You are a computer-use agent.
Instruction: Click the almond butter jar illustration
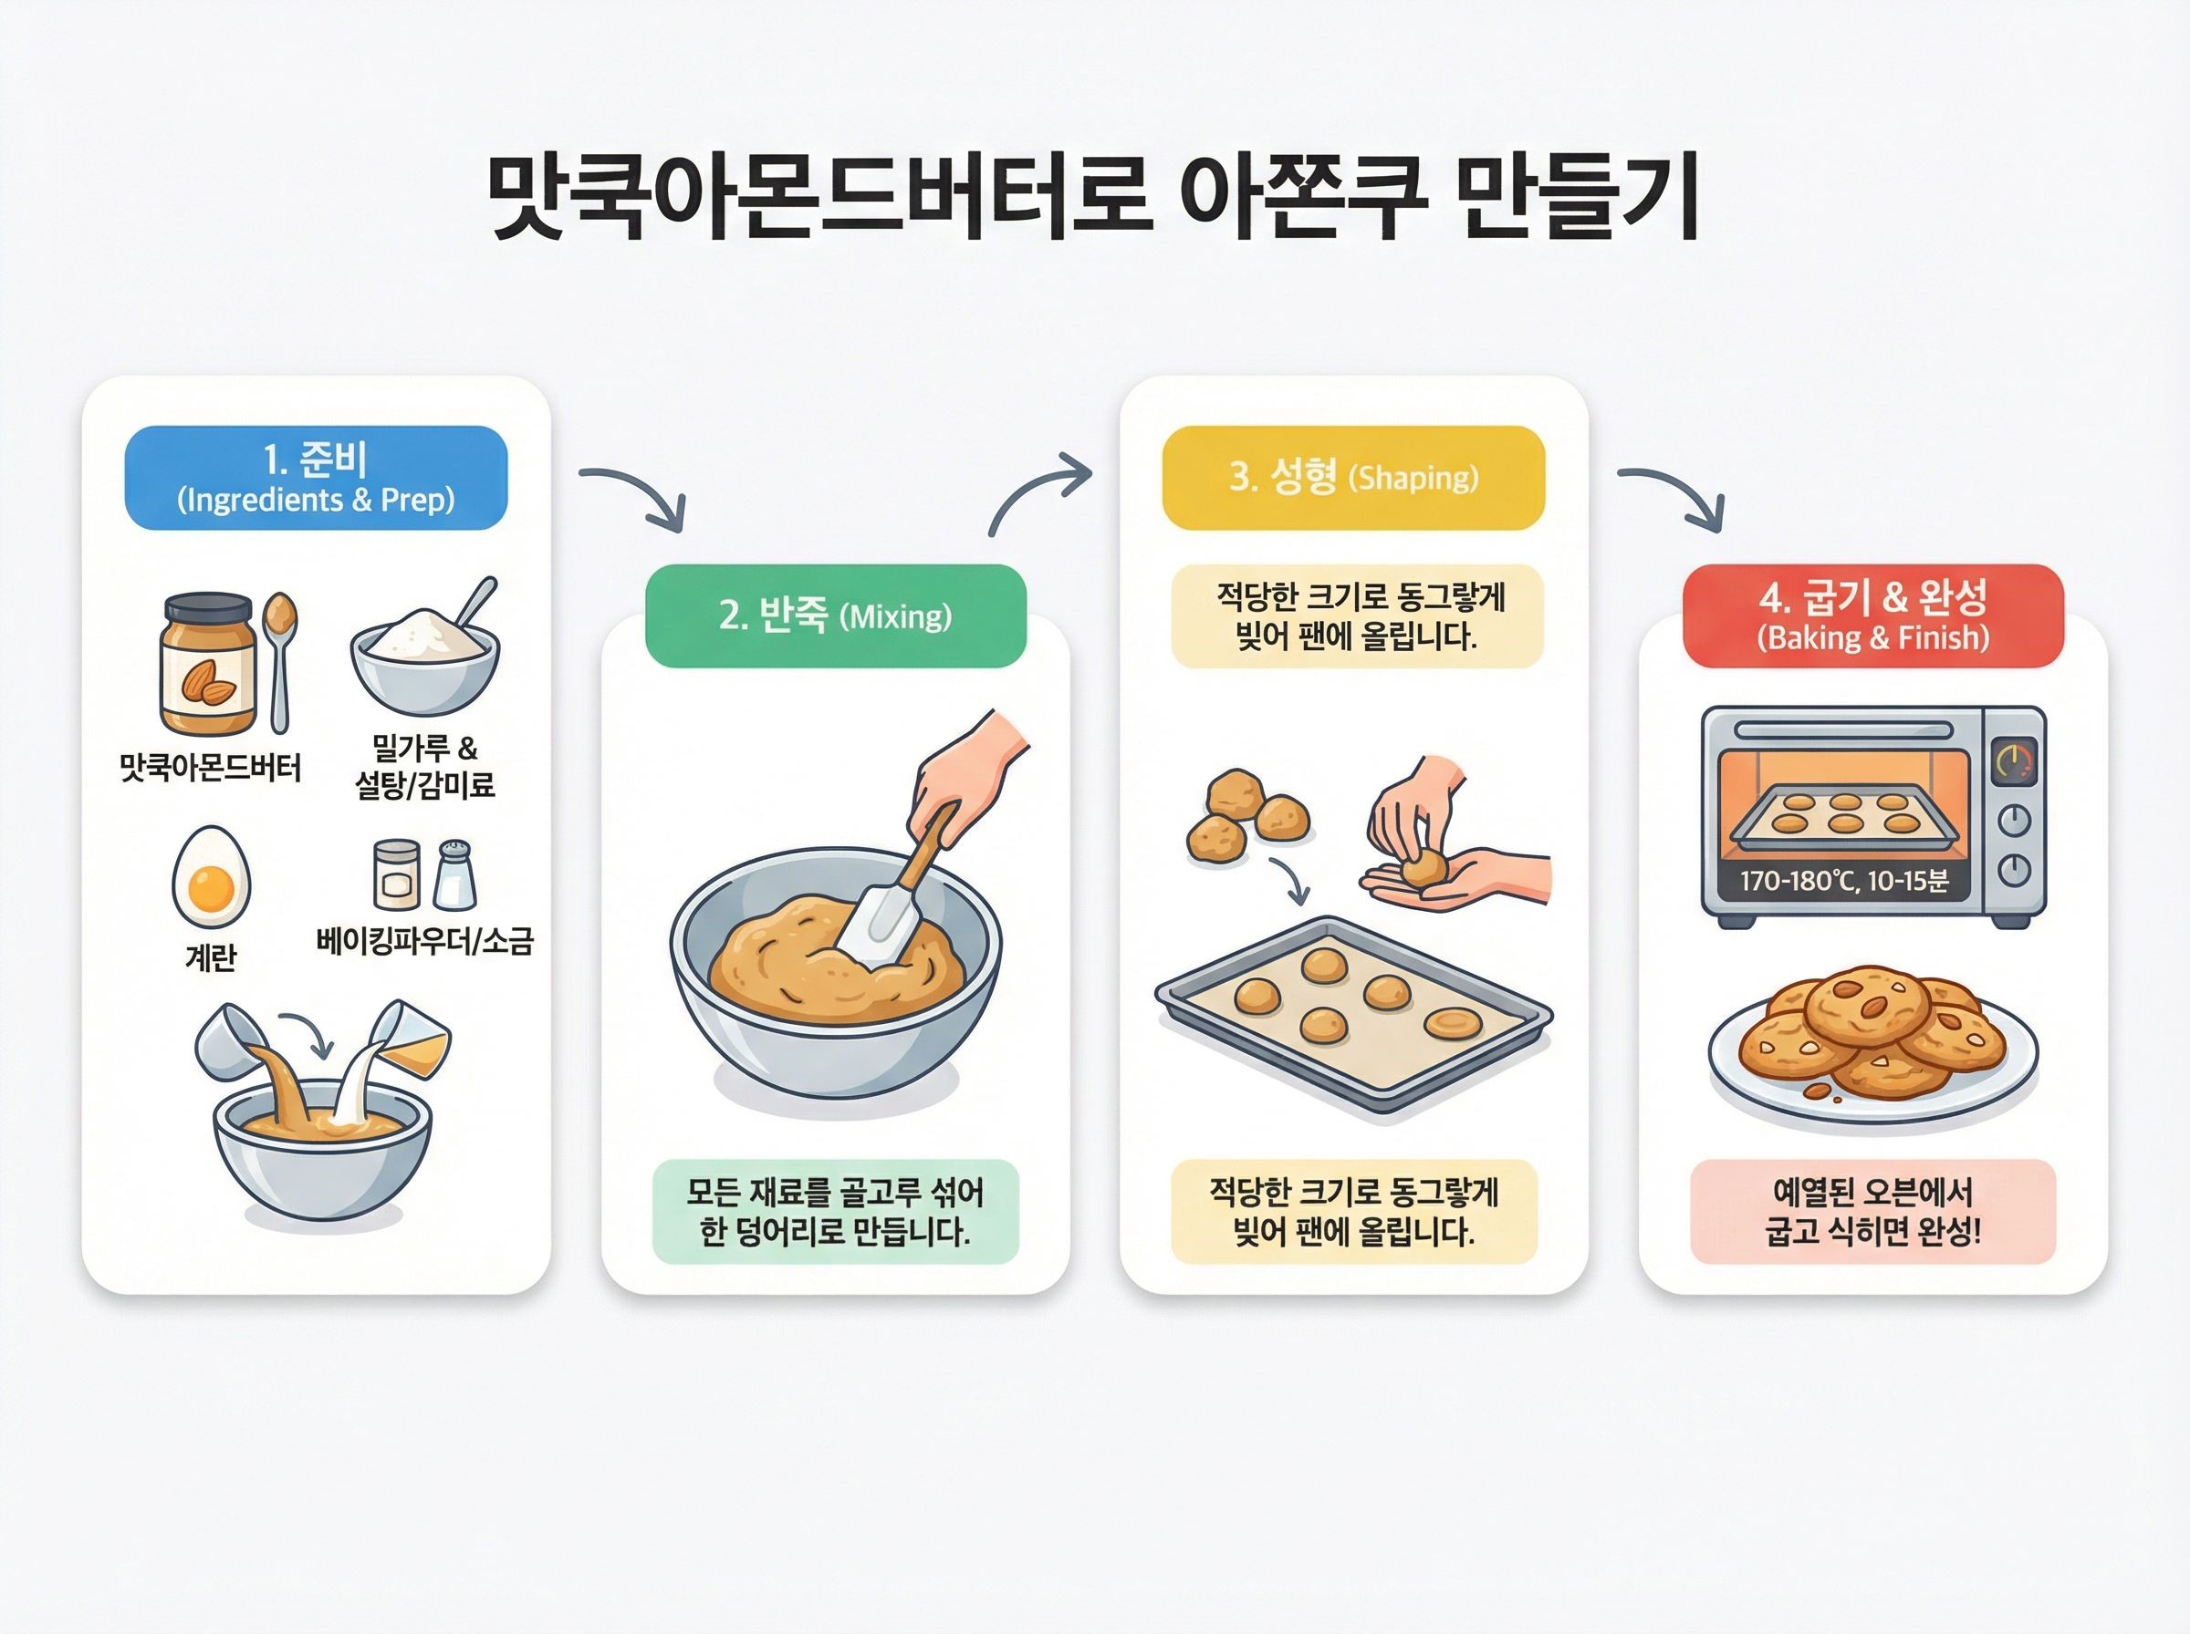(x=209, y=664)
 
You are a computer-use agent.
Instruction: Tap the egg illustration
(x=211, y=876)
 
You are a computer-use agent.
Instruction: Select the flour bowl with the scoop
(x=426, y=648)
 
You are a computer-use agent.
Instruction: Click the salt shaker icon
(x=455, y=874)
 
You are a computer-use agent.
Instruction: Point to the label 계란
(x=211, y=957)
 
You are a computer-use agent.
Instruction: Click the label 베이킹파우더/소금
(x=424, y=940)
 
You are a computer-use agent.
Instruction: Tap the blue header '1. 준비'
(x=316, y=478)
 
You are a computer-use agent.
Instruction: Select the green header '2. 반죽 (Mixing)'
(x=835, y=616)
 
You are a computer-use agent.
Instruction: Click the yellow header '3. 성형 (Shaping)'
(x=1353, y=478)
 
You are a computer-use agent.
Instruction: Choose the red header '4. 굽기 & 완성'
(x=1873, y=616)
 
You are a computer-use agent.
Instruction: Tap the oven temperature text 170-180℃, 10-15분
(x=1843, y=880)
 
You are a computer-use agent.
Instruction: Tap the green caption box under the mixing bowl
(x=835, y=1212)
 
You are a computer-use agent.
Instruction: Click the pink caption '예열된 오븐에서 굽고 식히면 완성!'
(x=1873, y=1212)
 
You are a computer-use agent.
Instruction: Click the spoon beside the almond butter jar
(x=280, y=662)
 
